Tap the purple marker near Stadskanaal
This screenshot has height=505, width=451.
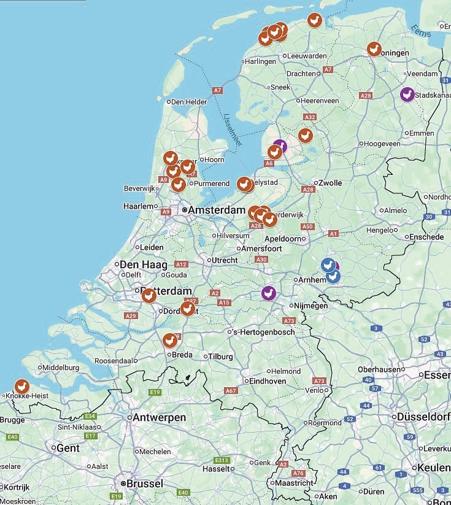(407, 94)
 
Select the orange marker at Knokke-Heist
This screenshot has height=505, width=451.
(22, 387)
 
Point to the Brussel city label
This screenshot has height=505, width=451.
(145, 484)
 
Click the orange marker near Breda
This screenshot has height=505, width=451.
(170, 340)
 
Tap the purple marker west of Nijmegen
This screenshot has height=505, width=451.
(268, 293)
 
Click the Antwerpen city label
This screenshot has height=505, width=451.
(160, 417)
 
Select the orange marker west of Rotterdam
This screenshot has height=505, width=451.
(148, 296)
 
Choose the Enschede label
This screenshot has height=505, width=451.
(426, 237)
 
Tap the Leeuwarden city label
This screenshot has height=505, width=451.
(307, 56)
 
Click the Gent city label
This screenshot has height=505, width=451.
(67, 448)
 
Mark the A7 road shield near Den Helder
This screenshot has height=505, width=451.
(217, 90)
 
